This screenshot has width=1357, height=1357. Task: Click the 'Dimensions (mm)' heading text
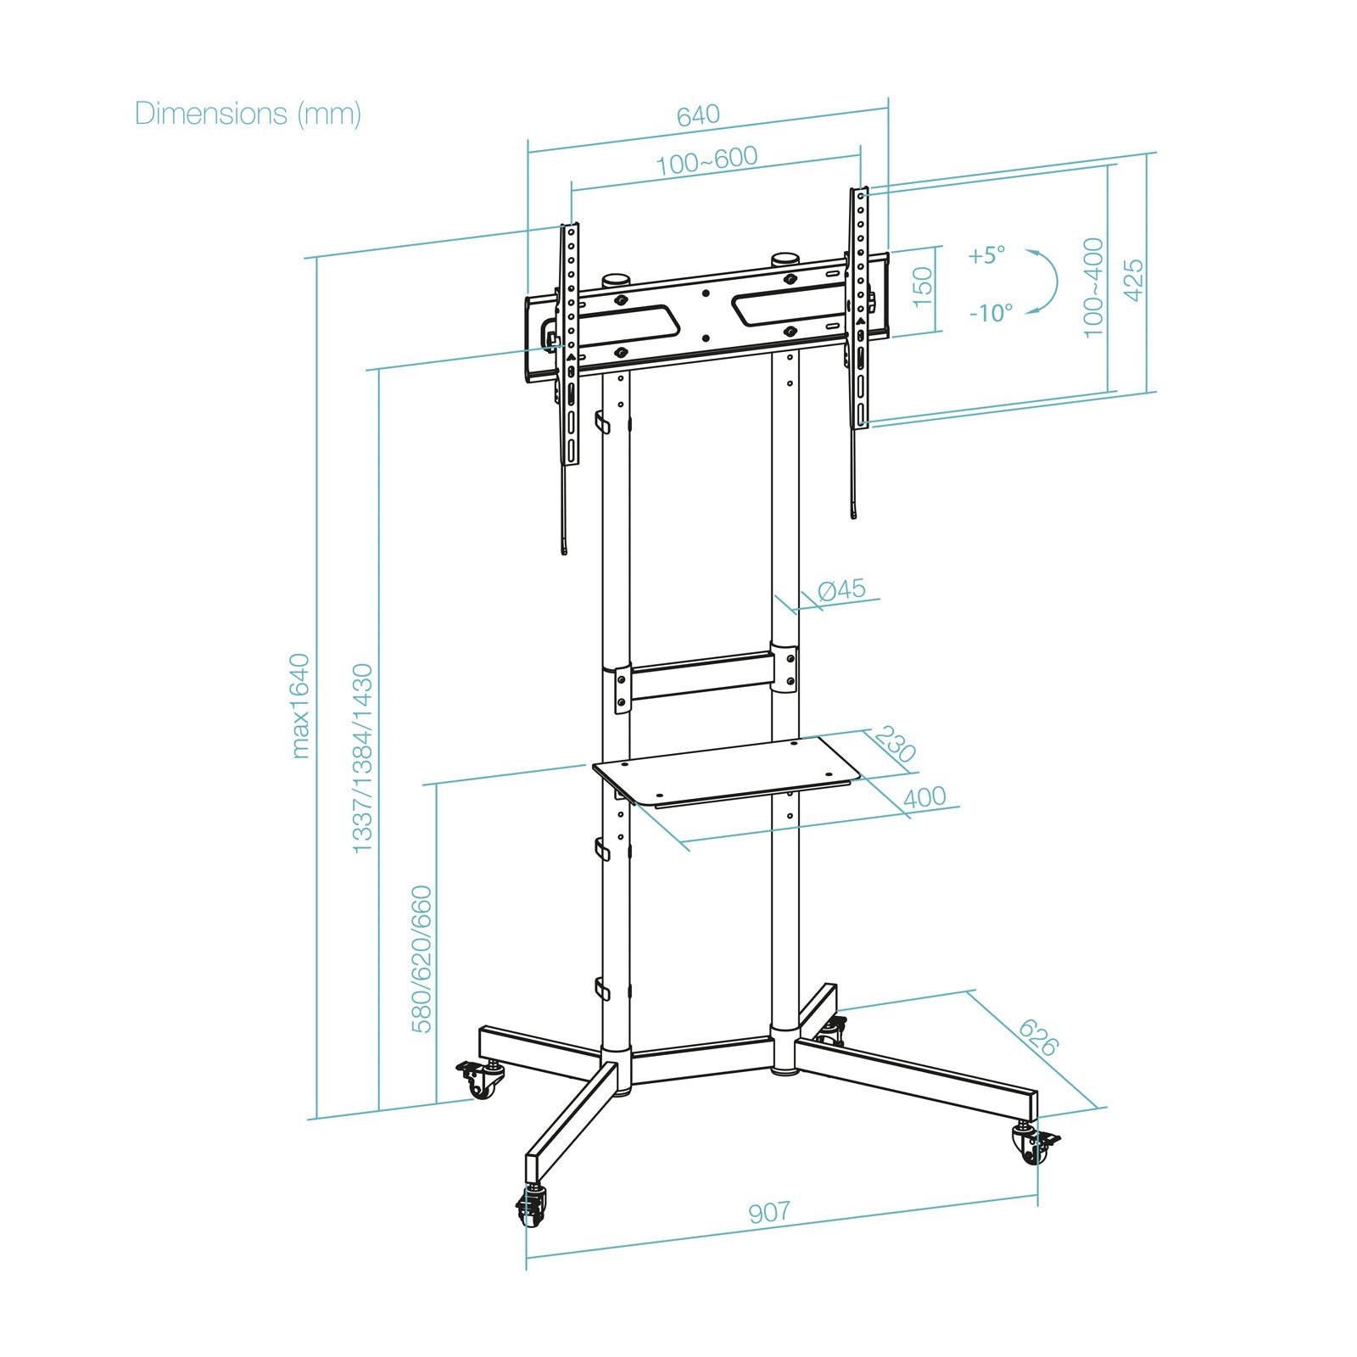(x=248, y=113)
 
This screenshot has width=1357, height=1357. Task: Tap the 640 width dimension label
(x=698, y=114)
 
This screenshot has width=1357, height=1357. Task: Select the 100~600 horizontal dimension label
(x=706, y=159)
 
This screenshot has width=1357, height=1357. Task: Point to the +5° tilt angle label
(x=987, y=254)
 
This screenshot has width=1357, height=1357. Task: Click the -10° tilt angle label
(x=991, y=313)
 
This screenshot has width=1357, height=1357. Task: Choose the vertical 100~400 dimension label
(x=1094, y=287)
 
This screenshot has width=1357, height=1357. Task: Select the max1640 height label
(x=299, y=706)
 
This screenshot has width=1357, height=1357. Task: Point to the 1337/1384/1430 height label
(x=362, y=758)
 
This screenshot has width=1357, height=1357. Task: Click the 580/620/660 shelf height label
(x=422, y=959)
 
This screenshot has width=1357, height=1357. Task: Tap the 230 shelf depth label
(x=896, y=744)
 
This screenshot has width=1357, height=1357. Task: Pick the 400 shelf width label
(x=924, y=798)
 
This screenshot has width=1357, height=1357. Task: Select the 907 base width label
(x=769, y=1212)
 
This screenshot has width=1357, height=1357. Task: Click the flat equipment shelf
(x=727, y=770)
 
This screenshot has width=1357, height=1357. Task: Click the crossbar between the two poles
(x=701, y=676)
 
